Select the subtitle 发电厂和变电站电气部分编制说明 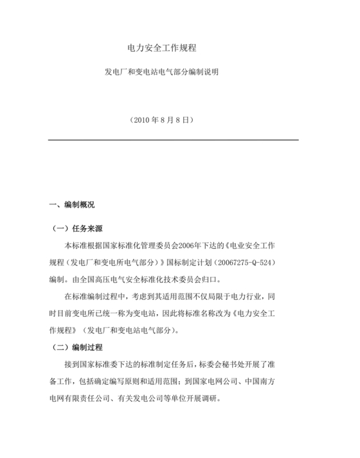click(x=162, y=73)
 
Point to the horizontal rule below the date click(x=174, y=140)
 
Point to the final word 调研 click(x=212, y=398)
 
